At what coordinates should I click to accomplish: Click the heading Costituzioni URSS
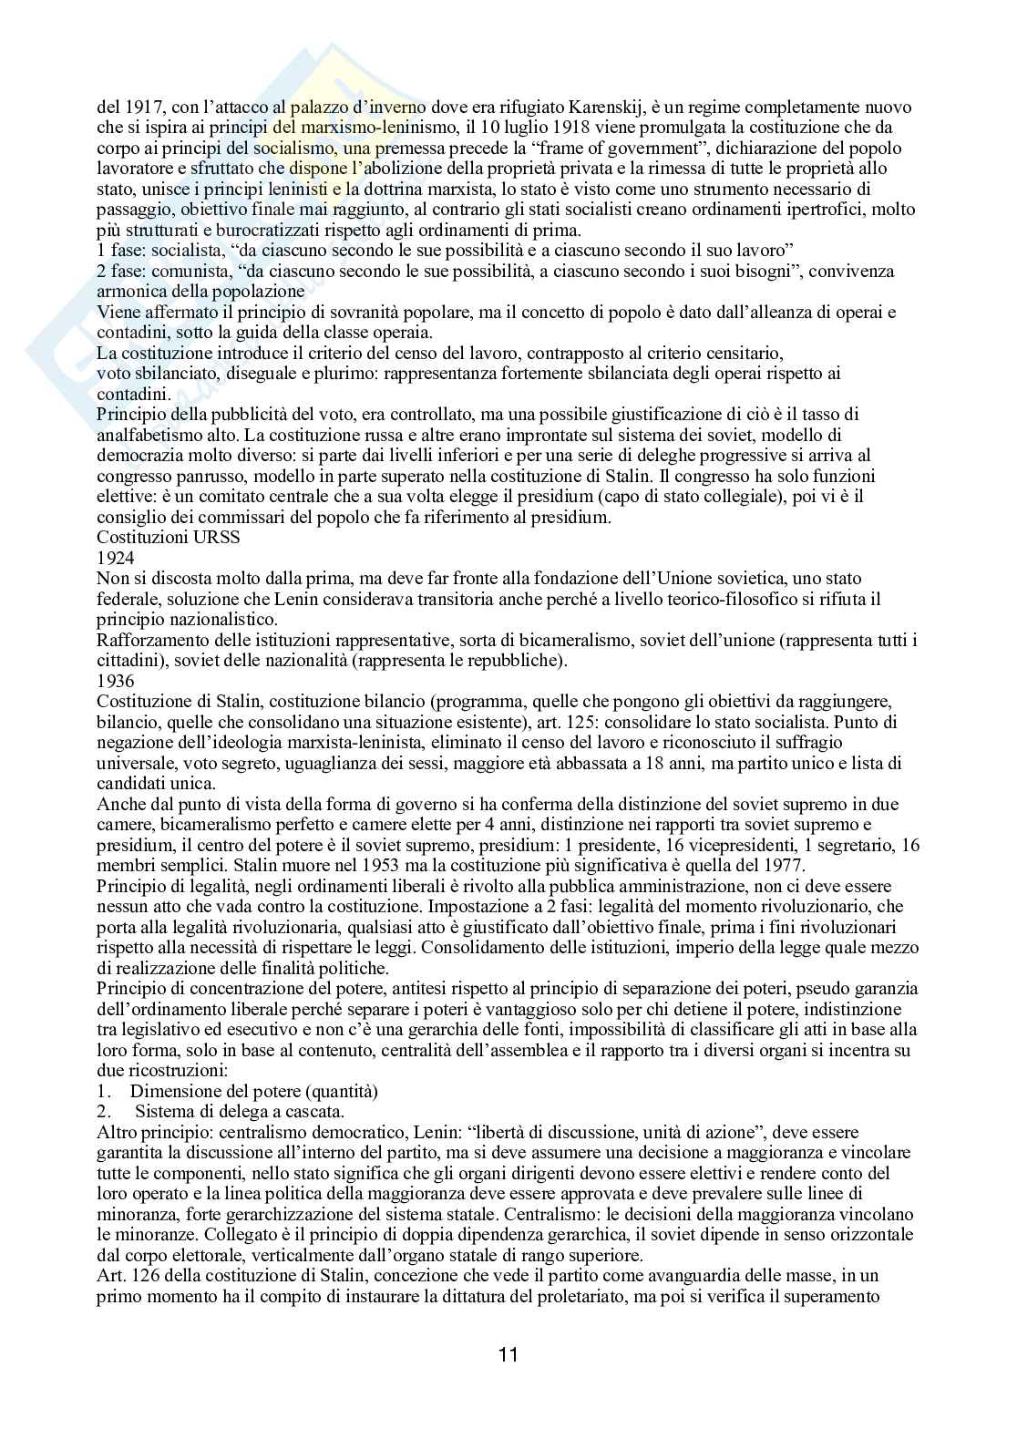pos(169,537)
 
